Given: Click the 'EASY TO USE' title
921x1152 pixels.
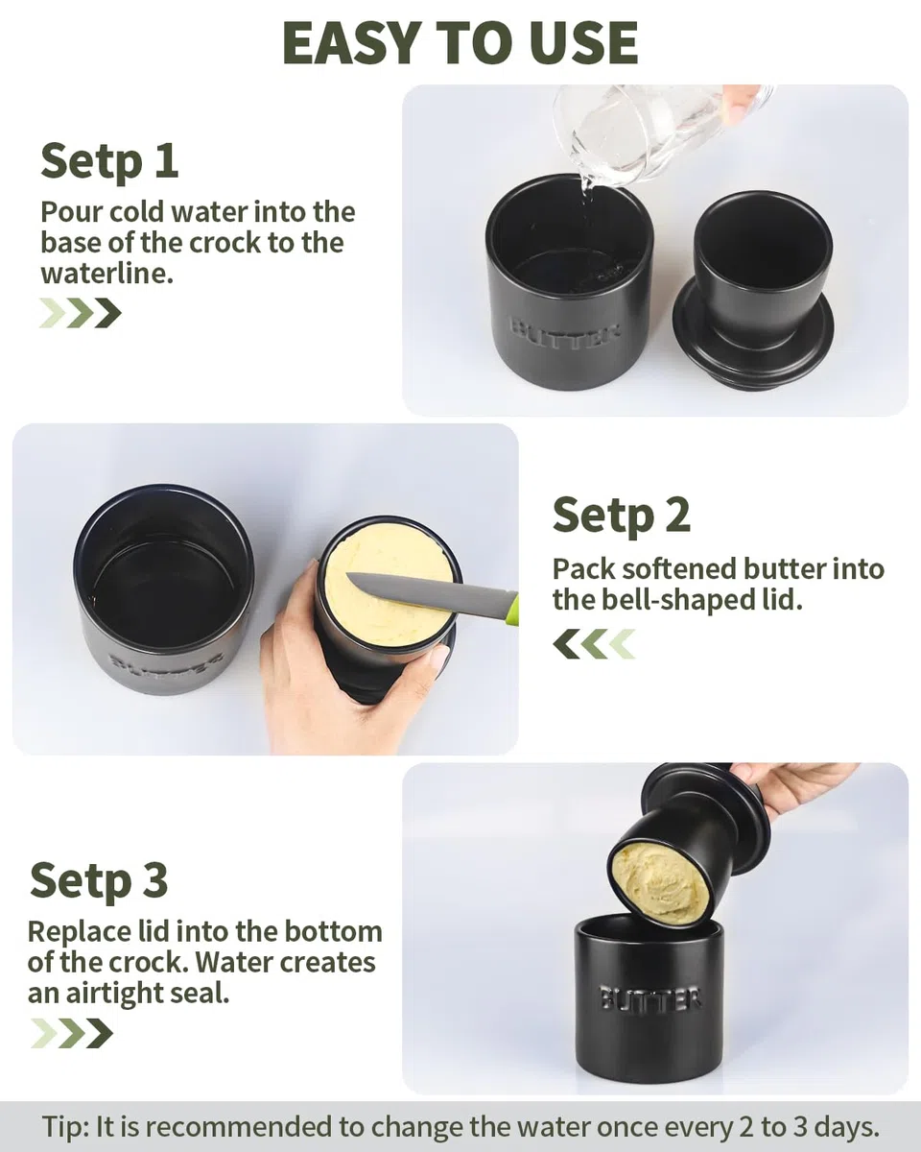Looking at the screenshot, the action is pos(460,43).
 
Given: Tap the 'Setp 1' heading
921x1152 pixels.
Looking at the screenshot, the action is pos(109,160).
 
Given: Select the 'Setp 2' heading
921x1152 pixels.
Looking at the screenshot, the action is pos(622,515).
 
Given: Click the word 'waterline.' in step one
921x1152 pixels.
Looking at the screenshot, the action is pos(107,274).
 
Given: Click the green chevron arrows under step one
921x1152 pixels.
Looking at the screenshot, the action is pos(81,313).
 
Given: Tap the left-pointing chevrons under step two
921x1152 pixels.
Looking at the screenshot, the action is pos(594,643).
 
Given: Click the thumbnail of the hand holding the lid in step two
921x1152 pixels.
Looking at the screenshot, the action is pos(440,656).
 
